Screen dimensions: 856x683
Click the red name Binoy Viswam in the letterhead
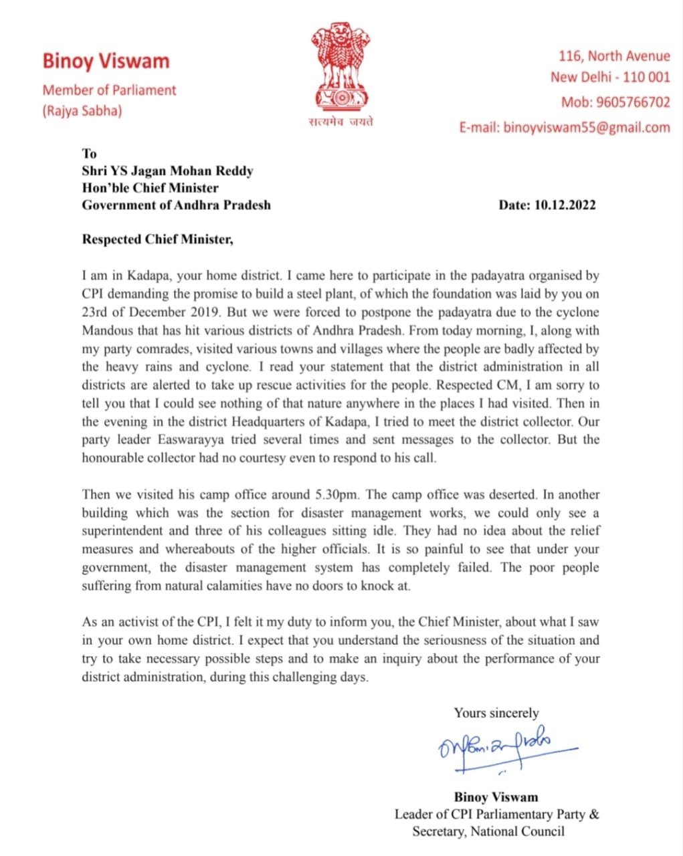click(106, 62)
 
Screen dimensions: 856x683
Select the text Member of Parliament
click(109, 90)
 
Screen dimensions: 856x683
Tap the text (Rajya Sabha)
click(82, 111)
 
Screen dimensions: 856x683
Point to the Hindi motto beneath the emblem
click(340, 122)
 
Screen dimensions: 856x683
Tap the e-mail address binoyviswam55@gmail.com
click(586, 127)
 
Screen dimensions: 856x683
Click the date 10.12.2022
click(565, 205)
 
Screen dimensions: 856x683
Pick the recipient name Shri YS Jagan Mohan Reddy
click(167, 171)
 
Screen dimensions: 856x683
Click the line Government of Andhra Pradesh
click(176, 205)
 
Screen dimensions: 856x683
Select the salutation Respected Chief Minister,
click(157, 239)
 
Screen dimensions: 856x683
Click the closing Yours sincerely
click(496, 713)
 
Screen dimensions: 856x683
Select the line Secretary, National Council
click(488, 832)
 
